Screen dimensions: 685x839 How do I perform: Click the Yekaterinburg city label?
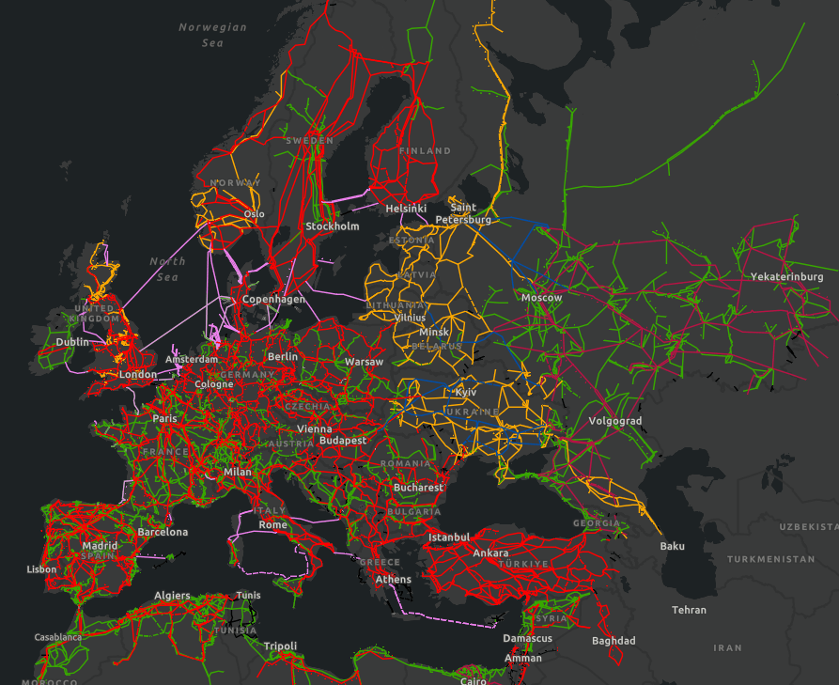786,277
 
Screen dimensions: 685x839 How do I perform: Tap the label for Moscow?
541,298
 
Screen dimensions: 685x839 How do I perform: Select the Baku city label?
672,546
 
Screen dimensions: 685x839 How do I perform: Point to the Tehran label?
689,610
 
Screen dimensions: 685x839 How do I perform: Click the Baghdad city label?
614,641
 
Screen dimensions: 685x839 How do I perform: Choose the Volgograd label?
615,421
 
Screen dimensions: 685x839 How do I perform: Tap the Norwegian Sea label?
212,35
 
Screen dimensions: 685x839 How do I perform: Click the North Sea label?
167,269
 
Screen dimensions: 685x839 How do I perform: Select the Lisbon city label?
41,569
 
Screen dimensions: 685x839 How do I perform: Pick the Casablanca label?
58,637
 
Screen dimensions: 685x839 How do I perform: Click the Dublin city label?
72,342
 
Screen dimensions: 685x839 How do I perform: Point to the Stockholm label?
332,226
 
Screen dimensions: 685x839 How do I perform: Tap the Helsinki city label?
406,209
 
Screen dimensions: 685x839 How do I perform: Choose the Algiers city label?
172,596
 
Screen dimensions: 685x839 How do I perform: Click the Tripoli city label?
280,646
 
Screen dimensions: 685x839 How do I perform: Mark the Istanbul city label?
448,537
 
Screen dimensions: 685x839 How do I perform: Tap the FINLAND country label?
425,151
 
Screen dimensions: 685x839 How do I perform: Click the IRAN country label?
727,647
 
